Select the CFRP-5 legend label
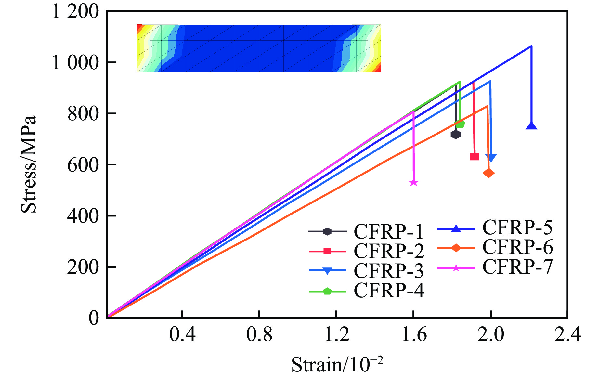tap(517, 228)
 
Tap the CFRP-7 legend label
tap(517, 267)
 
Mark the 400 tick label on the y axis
tap(83, 216)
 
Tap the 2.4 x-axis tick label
tap(567, 334)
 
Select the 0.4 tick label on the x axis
tap(182, 334)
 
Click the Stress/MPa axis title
tap(29, 164)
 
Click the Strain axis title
tap(337, 364)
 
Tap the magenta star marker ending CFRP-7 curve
tap(413, 183)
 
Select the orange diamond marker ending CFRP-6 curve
tap(488, 173)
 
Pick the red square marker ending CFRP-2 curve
tap(475, 157)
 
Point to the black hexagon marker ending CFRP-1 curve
tap(456, 134)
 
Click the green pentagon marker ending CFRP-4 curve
tap(460, 124)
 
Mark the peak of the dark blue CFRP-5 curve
tap(531, 46)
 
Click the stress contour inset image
tap(259, 48)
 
